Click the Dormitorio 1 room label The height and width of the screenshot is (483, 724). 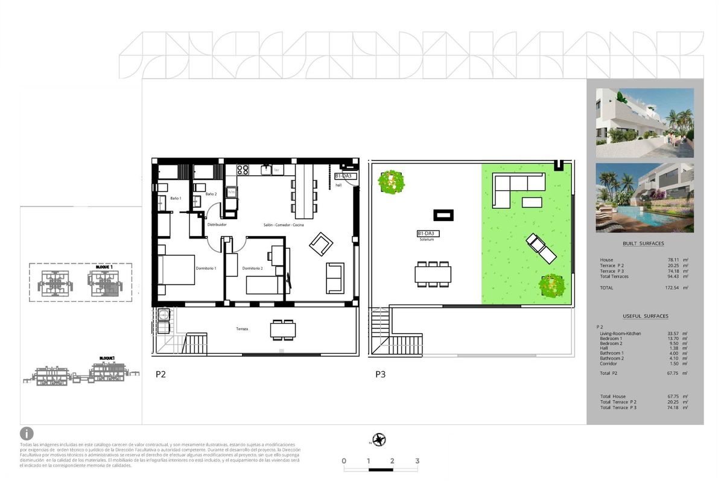[206, 268]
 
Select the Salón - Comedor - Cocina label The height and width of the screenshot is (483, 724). [284, 225]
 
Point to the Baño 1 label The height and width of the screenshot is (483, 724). [176, 199]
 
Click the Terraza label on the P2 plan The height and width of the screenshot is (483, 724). [243, 328]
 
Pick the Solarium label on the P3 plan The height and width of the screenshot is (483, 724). [427, 240]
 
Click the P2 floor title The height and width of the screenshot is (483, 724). [160, 374]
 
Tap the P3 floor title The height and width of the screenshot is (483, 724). [380, 374]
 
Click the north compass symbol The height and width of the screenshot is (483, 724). [379, 440]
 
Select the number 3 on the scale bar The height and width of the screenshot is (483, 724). [417, 461]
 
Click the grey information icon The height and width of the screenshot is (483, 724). [27, 433]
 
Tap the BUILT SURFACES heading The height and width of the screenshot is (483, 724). [643, 243]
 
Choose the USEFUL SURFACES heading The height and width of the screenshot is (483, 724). [645, 316]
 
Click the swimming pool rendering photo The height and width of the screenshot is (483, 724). [644, 197]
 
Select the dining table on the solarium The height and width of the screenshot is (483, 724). [433, 275]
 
